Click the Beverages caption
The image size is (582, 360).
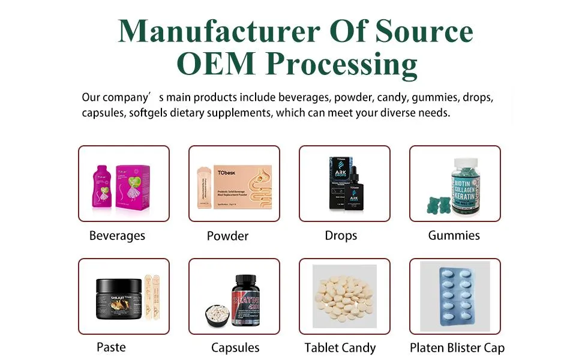coord(117,236)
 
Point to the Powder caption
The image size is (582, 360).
coord(227,236)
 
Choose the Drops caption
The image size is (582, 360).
coord(341,236)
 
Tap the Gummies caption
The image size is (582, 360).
coord(454,235)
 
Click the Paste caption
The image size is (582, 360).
coord(112,347)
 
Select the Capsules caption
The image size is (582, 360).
coord(235,347)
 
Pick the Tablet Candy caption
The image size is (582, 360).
coord(340,347)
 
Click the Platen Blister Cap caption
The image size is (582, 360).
coord(457,347)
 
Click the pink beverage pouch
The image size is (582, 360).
coord(102,188)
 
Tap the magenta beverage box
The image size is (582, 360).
coord(133,186)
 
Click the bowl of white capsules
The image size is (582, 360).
coord(216,315)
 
